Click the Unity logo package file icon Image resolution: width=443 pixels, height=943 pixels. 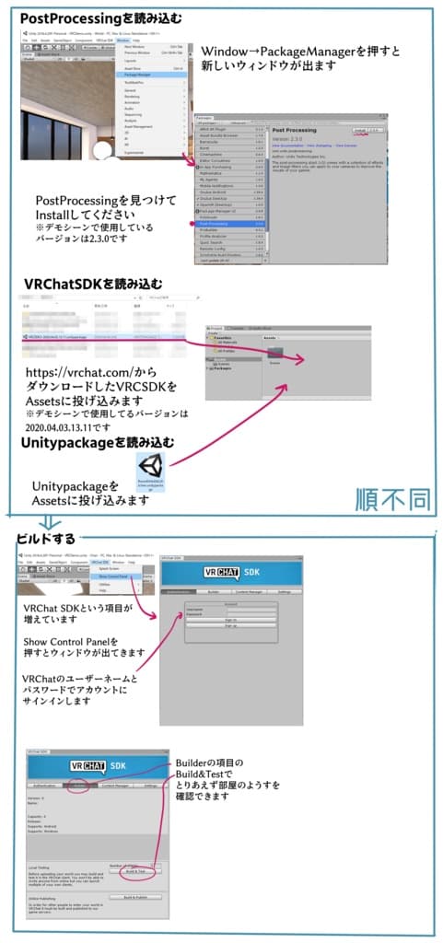[x=149, y=466]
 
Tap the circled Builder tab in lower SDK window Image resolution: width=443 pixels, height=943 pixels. [x=80, y=786]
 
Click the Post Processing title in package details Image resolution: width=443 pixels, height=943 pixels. [x=295, y=131]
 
